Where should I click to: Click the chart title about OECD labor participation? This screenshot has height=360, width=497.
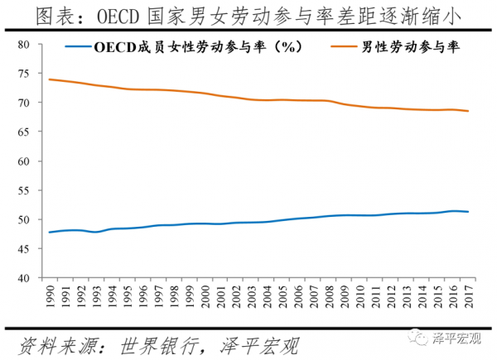[248, 15]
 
